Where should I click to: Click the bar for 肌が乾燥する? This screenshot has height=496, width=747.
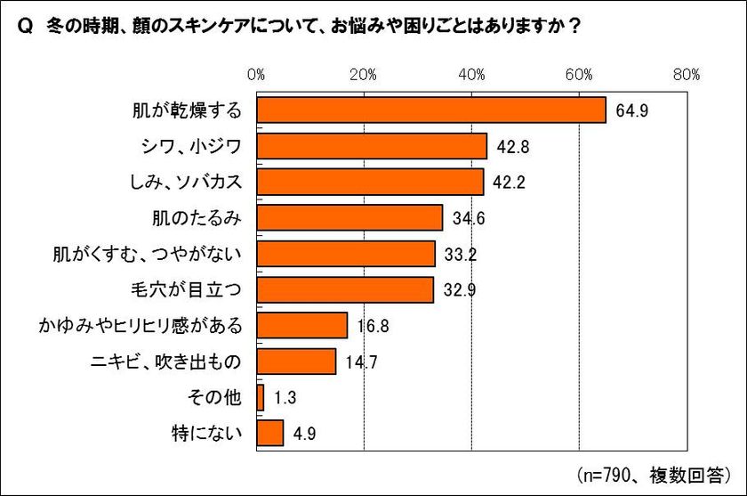tap(431, 110)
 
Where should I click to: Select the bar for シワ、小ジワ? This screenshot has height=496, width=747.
tap(372, 146)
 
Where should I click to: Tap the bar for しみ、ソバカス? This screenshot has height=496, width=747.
tap(370, 182)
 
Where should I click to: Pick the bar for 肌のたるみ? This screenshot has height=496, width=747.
tap(349, 218)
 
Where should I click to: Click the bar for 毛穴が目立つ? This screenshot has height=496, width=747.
tap(345, 289)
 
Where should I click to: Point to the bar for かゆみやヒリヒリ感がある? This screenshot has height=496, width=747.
tap(301, 325)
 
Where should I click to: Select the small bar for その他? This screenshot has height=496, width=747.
tap(261, 397)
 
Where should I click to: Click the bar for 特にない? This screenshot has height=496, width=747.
tap(270, 434)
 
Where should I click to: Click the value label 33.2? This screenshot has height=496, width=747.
tap(460, 254)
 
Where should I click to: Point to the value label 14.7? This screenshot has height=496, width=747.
tap(360, 362)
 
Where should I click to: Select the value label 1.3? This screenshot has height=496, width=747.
tap(285, 398)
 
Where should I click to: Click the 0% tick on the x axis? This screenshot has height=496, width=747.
tap(257, 74)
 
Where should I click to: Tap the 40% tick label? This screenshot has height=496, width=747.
tap(471, 74)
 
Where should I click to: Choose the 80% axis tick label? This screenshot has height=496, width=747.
tap(687, 74)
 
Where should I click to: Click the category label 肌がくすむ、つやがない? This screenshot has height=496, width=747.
tap(149, 254)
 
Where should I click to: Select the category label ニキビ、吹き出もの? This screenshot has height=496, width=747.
tap(166, 362)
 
